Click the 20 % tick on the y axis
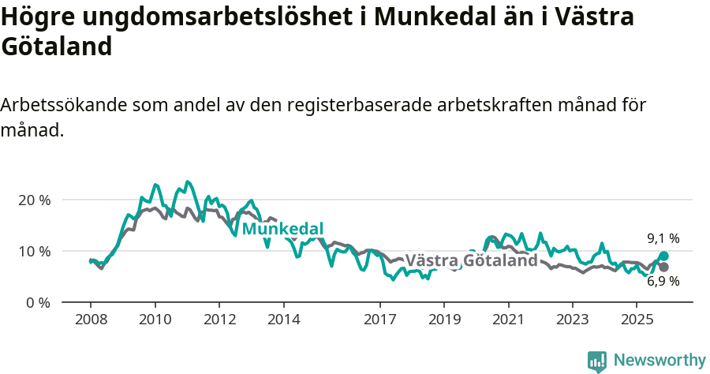coord(34,200)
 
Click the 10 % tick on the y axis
coord(34,251)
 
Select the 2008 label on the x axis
coord(91,320)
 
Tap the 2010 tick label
coord(155,320)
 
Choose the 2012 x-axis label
coord(219,320)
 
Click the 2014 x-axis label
coord(283,320)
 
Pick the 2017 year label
coord(379,320)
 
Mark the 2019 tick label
coord(444,320)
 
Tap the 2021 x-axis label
coord(508,320)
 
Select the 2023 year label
coord(573,320)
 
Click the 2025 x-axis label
coord(637,320)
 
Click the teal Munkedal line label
coord(282,229)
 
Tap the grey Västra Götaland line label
coord(471,260)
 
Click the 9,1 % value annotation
coord(663,238)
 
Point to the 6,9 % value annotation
coord(663,281)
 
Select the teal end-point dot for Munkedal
coord(663,256)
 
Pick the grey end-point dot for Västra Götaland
coord(663,267)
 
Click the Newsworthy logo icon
coord(597,361)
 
